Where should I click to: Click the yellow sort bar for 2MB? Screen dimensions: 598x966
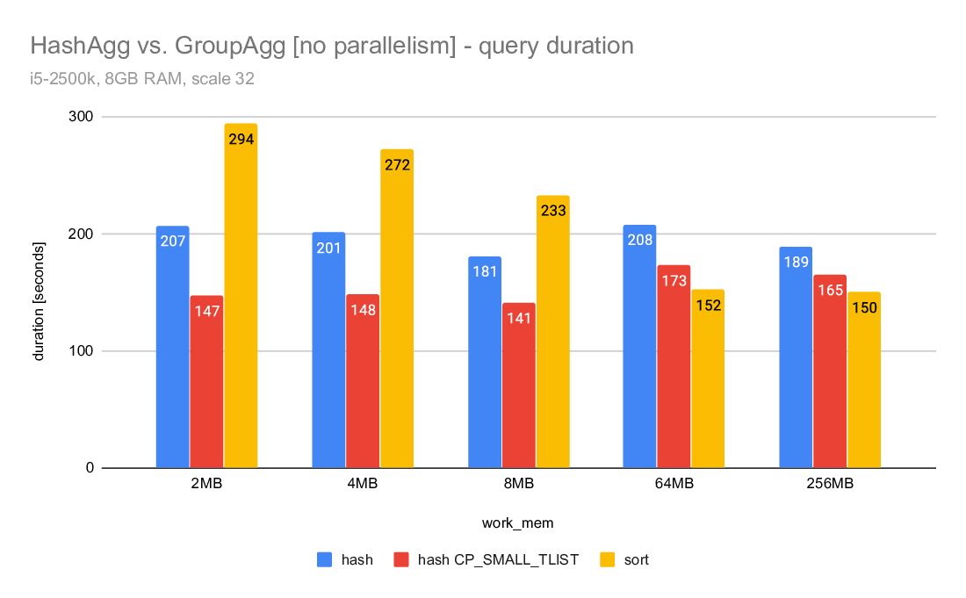tap(241, 307)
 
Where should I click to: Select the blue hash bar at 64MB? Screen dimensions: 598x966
tap(639, 351)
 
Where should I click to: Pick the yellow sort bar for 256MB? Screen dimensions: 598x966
tap(863, 386)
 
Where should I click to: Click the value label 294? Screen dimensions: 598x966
tap(241, 139)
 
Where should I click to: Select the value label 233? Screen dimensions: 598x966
tap(553, 211)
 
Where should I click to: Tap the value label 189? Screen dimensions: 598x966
tap(796, 262)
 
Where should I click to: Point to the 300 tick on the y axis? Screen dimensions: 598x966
tap(83, 117)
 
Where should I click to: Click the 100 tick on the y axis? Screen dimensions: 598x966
tap(83, 351)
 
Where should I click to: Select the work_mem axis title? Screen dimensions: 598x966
tap(518, 523)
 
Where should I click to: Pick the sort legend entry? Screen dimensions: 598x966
tap(635, 559)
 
